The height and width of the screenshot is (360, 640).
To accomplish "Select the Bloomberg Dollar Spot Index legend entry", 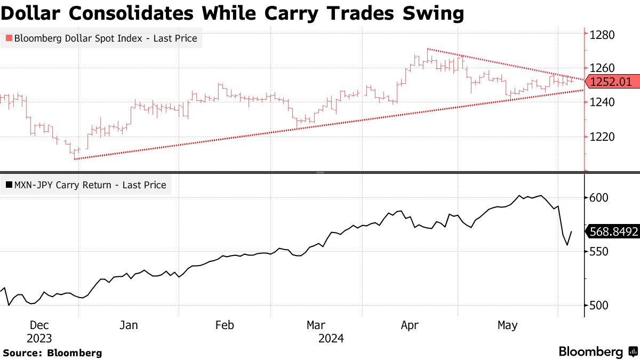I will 101,38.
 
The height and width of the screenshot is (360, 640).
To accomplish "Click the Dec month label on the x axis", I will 40,325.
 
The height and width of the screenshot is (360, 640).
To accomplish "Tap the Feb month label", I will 224,325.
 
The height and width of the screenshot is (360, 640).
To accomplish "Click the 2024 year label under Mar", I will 331,339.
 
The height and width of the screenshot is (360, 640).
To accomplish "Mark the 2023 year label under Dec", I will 40,339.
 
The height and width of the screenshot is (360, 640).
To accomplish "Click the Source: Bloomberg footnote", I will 52,353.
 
